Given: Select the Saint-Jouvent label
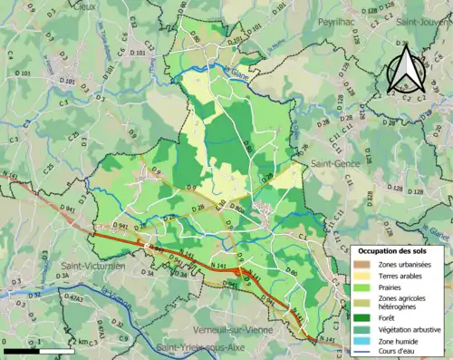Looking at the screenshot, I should pyautogui.click(x=427, y=20).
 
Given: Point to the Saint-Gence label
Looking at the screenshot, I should pyautogui.click(x=334, y=163).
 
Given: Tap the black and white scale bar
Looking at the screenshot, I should pyautogui.click(x=36, y=350).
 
